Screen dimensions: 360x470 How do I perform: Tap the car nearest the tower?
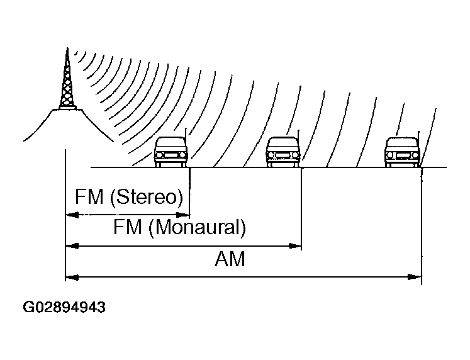(x=171, y=152)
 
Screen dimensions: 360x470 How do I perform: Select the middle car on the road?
(x=283, y=152)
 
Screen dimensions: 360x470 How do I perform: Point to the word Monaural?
(x=197, y=227)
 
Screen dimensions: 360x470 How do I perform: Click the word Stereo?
(x=147, y=197)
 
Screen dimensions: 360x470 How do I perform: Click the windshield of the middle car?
(x=283, y=143)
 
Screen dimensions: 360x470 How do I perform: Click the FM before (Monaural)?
(x=128, y=227)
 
